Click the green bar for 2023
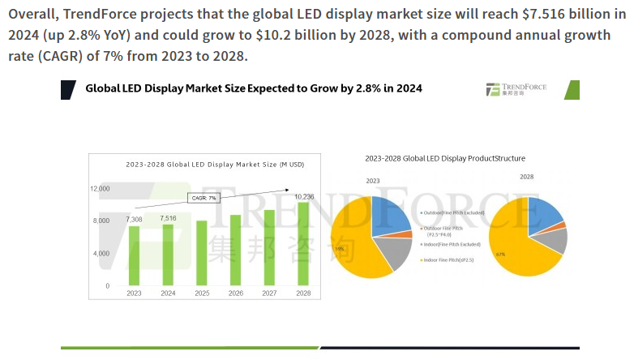pos(134,255)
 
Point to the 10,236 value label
pos(304,196)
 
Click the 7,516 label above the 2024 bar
pos(168,218)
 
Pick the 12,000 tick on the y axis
pos(100,188)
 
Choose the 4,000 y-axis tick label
pos(101,254)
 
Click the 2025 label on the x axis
pos(202,293)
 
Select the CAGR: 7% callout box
pos(203,198)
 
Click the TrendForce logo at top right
pos(516,89)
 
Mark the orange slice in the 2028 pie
pos(559,226)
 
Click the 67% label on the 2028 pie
pos(500,254)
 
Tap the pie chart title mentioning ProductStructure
pos(445,158)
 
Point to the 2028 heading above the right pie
pos(527,176)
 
